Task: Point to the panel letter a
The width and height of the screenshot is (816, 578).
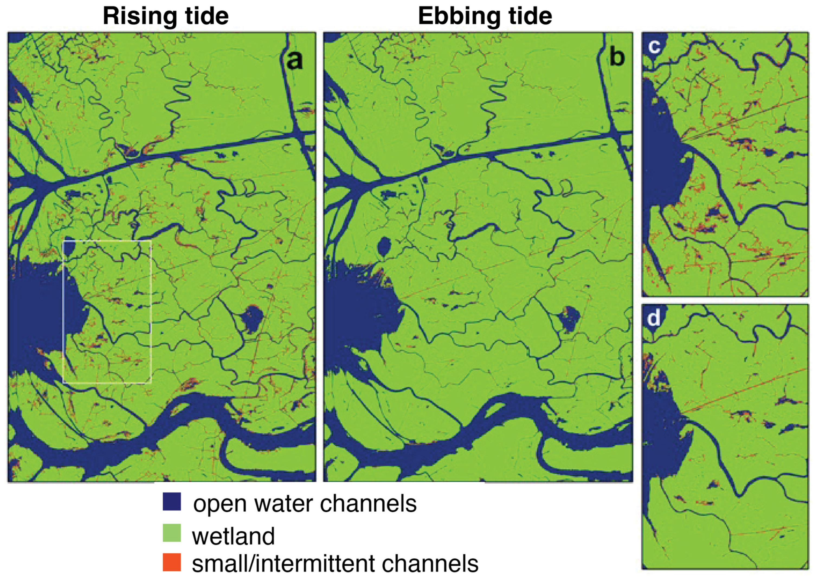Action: click(295, 60)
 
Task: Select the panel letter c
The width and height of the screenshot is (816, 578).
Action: click(654, 46)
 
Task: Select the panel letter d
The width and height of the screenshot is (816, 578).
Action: click(654, 318)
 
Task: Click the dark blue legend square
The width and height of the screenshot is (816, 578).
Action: click(172, 501)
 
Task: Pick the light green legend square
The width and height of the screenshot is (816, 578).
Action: click(172, 533)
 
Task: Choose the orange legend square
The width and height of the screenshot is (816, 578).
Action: click(172, 562)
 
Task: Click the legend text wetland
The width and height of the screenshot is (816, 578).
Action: click(233, 536)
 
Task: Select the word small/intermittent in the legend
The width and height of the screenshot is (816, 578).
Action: click(279, 564)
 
